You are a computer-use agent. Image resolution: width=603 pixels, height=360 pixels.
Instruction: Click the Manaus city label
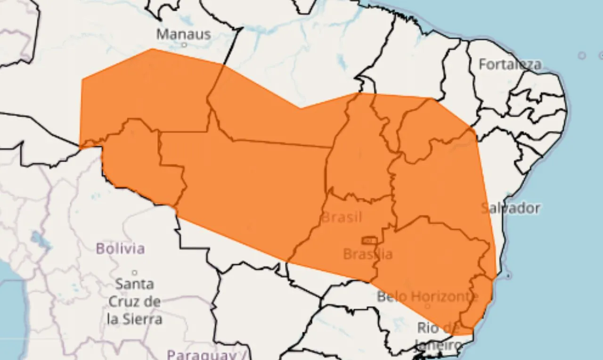(x=183, y=34)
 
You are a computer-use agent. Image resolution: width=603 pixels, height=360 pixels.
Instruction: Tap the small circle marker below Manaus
(x=184, y=45)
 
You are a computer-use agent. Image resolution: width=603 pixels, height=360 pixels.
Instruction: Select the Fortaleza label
(x=510, y=64)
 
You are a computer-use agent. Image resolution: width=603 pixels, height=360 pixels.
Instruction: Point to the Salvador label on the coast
(x=511, y=208)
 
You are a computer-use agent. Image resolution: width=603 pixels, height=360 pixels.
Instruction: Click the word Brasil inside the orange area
(x=342, y=217)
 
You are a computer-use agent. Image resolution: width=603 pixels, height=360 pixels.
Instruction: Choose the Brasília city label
(x=367, y=254)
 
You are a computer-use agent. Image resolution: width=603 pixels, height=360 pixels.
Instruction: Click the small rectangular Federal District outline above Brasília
(x=369, y=241)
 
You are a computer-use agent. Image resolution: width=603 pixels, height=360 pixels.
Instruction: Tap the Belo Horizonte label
(x=427, y=297)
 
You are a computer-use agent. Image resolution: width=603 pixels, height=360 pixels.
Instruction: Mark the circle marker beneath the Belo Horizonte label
(x=427, y=306)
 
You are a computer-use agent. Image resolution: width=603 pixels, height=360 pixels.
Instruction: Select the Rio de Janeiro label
(x=438, y=335)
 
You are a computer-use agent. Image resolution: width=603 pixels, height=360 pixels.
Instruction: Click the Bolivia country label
(x=120, y=248)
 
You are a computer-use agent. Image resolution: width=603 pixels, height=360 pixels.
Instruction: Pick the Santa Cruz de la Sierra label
(x=135, y=302)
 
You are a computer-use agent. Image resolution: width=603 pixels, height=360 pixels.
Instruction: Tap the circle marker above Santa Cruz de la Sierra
(x=134, y=272)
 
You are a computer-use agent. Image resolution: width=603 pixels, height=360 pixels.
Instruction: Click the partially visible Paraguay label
(x=203, y=354)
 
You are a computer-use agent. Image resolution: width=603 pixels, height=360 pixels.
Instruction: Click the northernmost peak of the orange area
(x=152, y=49)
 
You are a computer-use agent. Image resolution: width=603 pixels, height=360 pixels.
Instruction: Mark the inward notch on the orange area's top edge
(x=301, y=108)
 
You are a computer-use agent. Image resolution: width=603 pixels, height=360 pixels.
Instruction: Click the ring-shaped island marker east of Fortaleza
(x=582, y=56)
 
